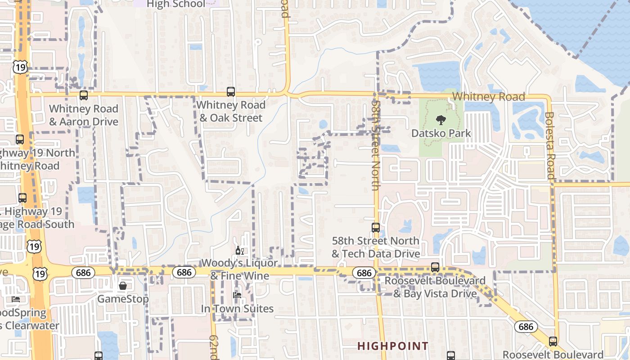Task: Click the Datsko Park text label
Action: [x=441, y=133]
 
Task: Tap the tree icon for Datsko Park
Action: [x=441, y=120]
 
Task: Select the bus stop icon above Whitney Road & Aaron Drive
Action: [x=84, y=95]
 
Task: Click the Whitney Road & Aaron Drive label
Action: [x=84, y=115]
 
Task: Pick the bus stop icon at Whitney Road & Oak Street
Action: [x=231, y=92]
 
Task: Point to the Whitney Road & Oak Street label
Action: [x=231, y=111]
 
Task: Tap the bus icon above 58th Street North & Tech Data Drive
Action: [x=376, y=228]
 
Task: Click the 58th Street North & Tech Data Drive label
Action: [x=376, y=247]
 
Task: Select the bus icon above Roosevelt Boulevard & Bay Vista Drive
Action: [x=435, y=267]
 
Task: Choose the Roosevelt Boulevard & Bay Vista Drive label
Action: [x=435, y=287]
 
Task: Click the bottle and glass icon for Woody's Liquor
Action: [x=240, y=251]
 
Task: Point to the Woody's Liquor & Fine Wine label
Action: [x=240, y=269]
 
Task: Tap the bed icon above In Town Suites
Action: [x=237, y=295]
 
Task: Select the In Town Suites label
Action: [x=237, y=309]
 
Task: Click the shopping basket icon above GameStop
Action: [x=122, y=286]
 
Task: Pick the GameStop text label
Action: [x=122, y=299]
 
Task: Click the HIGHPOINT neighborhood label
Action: [x=393, y=346]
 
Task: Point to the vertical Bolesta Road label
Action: [x=550, y=145]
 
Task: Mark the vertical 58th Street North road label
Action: [x=376, y=144]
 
